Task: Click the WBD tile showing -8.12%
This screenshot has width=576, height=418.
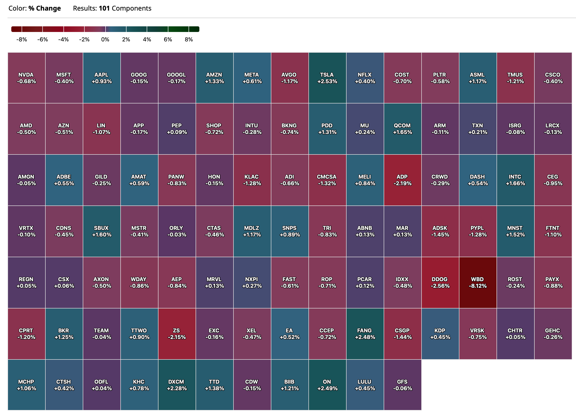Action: tap(477, 282)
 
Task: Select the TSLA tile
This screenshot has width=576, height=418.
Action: tap(327, 78)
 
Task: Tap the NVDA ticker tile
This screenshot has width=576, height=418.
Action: tap(26, 78)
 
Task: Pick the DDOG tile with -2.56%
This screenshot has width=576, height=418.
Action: tap(440, 282)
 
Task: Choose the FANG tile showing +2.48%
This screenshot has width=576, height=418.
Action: tap(365, 334)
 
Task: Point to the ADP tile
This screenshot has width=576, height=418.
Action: tap(402, 180)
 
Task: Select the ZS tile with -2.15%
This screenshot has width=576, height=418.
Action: tap(177, 334)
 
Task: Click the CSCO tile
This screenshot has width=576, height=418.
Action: tap(553, 78)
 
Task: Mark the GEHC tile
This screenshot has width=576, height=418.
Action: tap(553, 334)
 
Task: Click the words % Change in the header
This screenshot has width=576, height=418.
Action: tap(44, 8)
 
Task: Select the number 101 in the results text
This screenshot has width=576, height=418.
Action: tap(104, 8)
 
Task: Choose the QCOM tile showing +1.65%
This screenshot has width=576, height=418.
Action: tap(402, 129)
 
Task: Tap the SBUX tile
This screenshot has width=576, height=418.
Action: tap(102, 231)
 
